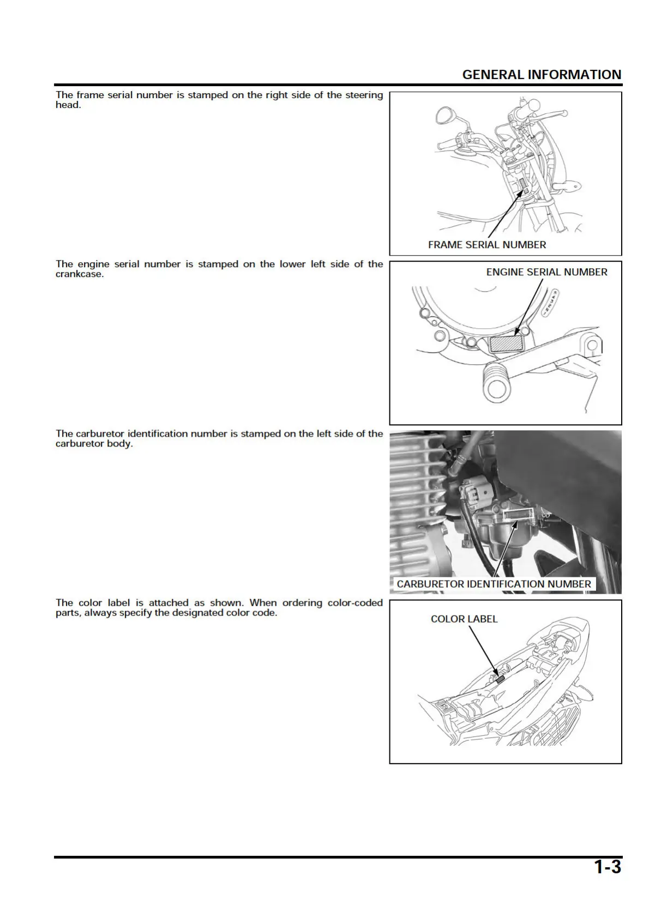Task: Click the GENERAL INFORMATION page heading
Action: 541,75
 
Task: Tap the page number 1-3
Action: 607,867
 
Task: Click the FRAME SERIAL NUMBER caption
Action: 486,245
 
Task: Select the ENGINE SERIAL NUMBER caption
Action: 546,272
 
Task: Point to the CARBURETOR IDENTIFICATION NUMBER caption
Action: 494,584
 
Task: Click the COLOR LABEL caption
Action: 464,619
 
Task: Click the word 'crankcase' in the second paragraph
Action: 79,274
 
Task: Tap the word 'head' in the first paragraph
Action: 67,105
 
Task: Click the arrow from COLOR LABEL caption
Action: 483,650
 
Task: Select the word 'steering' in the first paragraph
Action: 364,95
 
